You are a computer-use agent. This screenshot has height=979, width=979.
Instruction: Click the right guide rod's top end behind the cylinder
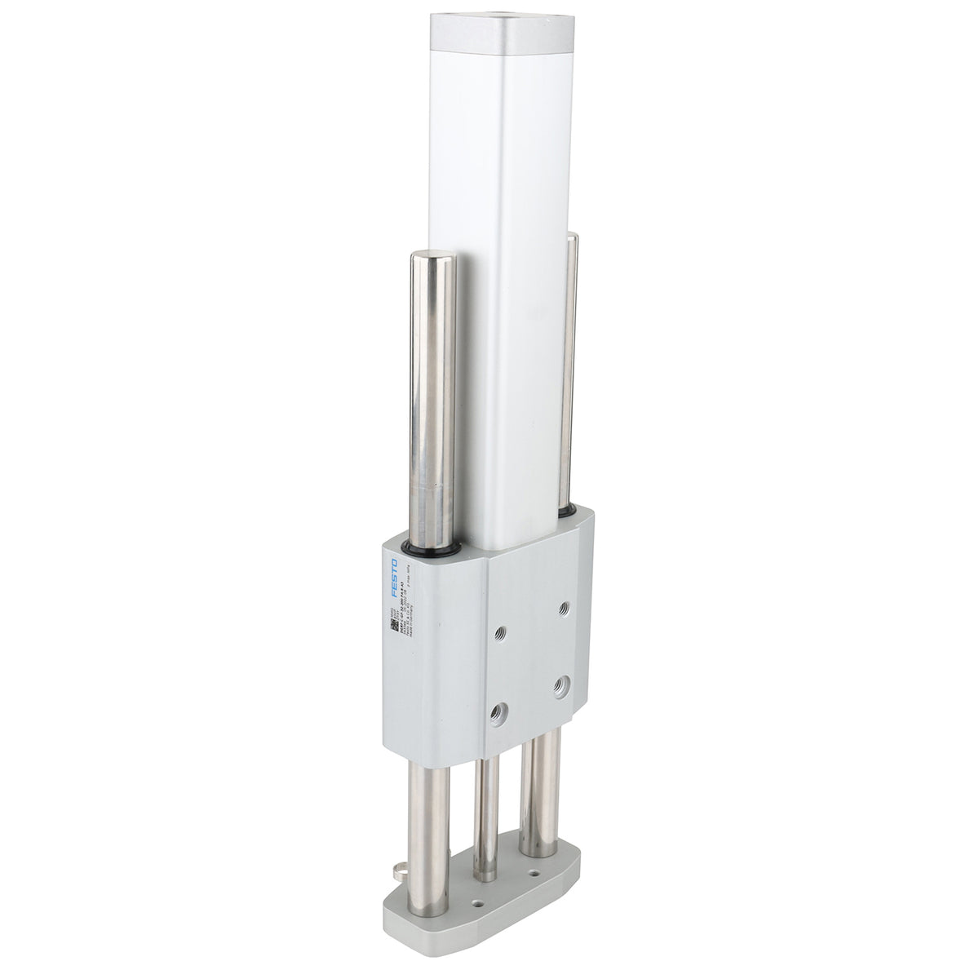click(x=574, y=241)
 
